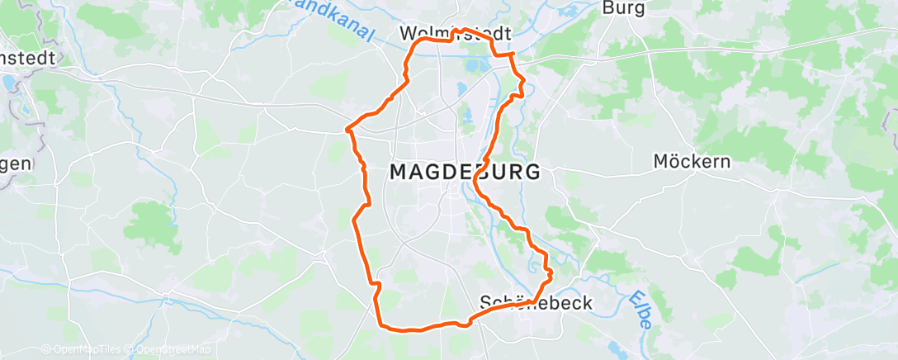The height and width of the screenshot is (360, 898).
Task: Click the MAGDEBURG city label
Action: pos(465,173)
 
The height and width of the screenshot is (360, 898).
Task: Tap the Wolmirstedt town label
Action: pos(455,35)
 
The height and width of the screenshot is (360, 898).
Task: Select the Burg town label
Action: pos(623,8)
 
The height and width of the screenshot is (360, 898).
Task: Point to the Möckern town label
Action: pos(692,162)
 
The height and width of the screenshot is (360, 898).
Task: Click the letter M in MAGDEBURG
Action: pos(397,173)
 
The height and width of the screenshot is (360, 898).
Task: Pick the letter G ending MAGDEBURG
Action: pos(532,173)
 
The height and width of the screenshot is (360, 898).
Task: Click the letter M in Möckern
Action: pos(661,162)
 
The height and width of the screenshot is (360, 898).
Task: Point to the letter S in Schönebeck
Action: pos(486,303)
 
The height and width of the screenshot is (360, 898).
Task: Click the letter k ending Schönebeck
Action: pos(588,303)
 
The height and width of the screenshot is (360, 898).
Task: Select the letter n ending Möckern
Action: pos(725,162)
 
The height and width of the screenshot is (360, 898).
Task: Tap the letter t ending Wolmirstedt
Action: pos(508,35)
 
